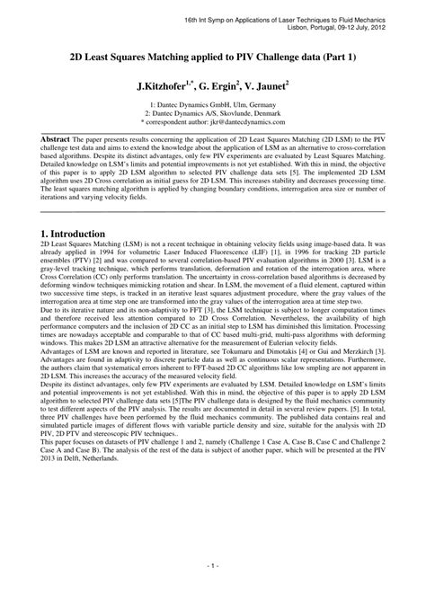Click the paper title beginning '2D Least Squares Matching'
click(213, 56)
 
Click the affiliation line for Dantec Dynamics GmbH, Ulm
click(212, 106)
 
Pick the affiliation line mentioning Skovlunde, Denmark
click(212, 115)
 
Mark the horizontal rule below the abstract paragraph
click(213, 212)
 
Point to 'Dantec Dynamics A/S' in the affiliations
click(190, 115)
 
